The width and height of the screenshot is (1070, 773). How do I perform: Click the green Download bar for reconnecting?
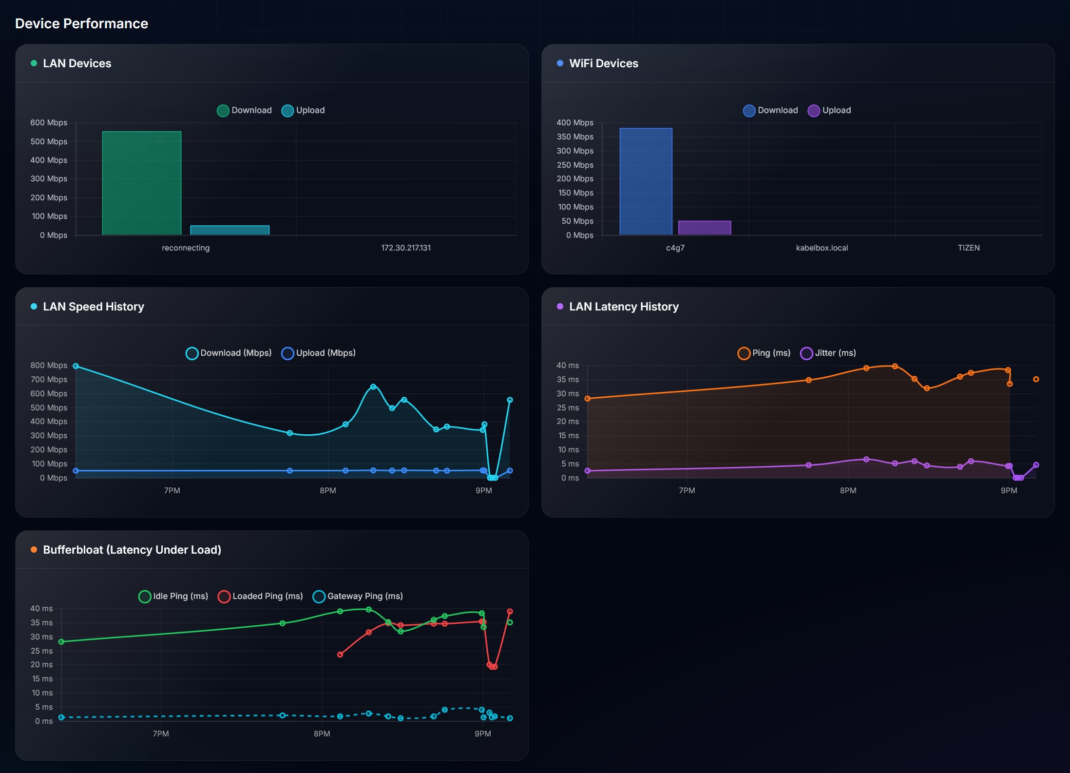pyautogui.click(x=142, y=183)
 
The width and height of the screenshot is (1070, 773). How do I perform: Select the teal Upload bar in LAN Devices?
pyautogui.click(x=229, y=230)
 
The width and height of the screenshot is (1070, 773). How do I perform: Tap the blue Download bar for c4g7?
pyautogui.click(x=646, y=181)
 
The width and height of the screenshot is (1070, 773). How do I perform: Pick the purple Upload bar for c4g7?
pyautogui.click(x=705, y=228)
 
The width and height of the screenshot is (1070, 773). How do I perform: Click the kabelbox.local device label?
pyautogui.click(x=822, y=248)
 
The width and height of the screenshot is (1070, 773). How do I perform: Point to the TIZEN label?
pyautogui.click(x=969, y=248)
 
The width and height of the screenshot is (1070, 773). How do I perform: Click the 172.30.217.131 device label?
pyautogui.click(x=406, y=248)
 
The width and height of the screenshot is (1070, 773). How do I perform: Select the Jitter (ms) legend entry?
pyautogui.click(x=828, y=353)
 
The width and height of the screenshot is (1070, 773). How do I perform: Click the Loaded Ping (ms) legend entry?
pyautogui.click(x=261, y=596)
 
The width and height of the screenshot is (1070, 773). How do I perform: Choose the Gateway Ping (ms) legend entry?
pyautogui.click(x=358, y=596)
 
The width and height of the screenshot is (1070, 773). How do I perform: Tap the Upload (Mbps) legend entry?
pyautogui.click(x=319, y=353)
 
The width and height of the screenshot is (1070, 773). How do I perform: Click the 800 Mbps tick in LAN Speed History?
pyautogui.click(x=49, y=365)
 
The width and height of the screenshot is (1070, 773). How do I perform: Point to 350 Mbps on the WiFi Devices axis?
pyautogui.click(x=575, y=136)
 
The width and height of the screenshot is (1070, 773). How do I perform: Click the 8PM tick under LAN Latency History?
pyautogui.click(x=848, y=490)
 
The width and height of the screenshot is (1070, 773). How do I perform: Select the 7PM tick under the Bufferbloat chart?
pyautogui.click(x=161, y=734)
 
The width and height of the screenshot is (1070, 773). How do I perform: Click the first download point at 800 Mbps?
pyautogui.click(x=76, y=366)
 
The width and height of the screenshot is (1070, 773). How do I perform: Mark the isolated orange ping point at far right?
pyautogui.click(x=1036, y=379)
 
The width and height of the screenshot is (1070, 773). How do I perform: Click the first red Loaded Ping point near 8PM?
pyautogui.click(x=340, y=655)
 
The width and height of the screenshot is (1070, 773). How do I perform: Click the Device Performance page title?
pyautogui.click(x=81, y=23)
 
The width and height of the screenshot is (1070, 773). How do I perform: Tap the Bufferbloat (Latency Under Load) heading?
pyautogui.click(x=132, y=550)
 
